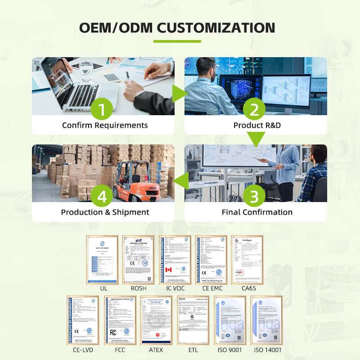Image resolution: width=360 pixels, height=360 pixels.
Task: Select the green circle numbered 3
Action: click(x=255, y=197)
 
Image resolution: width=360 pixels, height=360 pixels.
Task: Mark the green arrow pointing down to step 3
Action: click(x=255, y=139)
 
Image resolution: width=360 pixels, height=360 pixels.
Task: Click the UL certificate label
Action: click(x=103, y=288)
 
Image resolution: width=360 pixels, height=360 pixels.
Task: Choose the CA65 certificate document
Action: click(x=247, y=260)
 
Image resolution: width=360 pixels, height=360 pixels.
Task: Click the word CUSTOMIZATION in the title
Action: click(x=216, y=28)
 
